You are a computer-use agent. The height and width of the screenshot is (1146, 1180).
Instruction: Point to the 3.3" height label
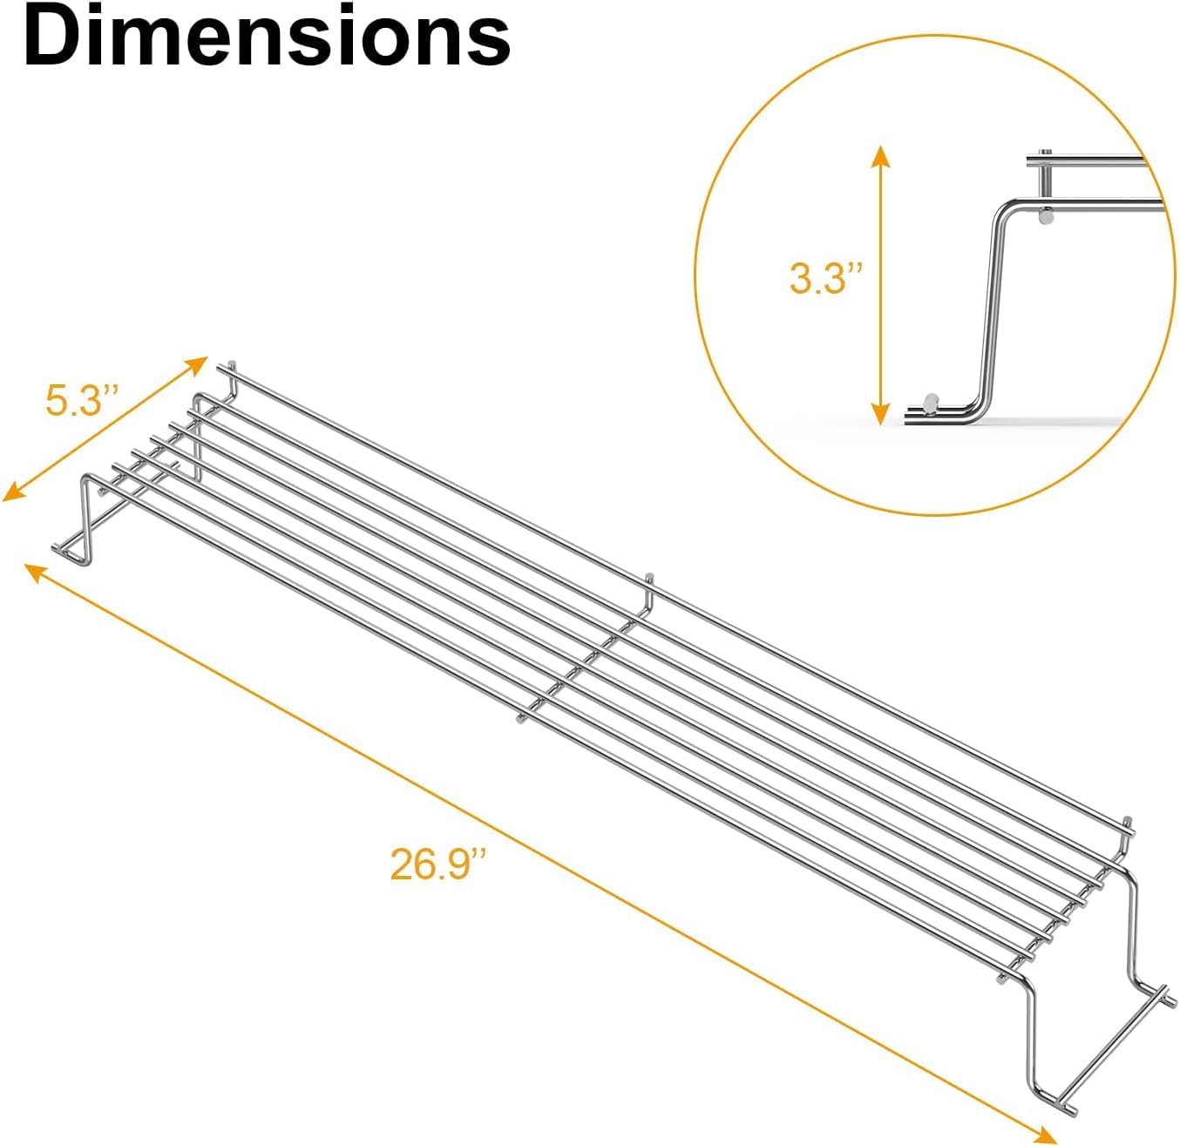[825, 280]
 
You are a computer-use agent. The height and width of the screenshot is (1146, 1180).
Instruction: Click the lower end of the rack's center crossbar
[520, 719]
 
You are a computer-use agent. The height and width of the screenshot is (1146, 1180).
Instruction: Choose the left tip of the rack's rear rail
[231, 365]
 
